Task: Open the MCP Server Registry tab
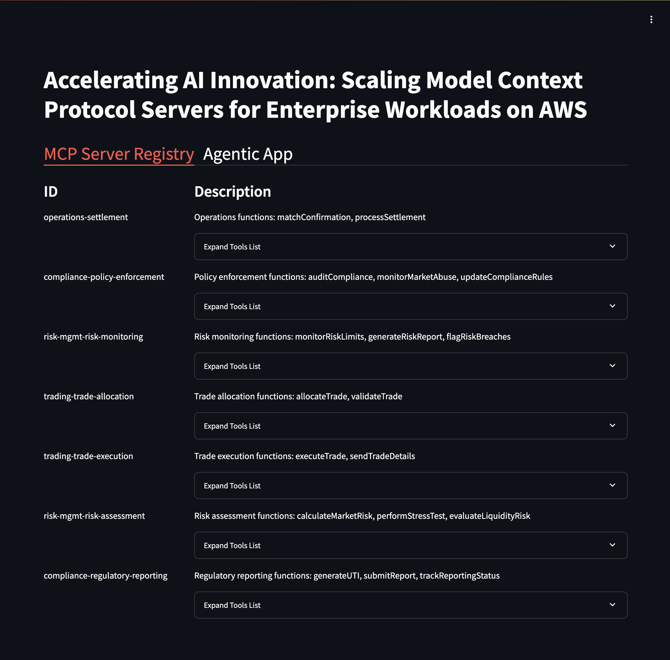pyautogui.click(x=119, y=154)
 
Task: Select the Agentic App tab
pyautogui.click(x=248, y=154)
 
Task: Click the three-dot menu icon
pyautogui.click(x=651, y=19)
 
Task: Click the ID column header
pyautogui.click(x=51, y=192)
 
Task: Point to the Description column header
pyautogui.click(x=233, y=192)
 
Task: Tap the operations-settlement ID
pyautogui.click(x=86, y=217)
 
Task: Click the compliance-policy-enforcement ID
pyautogui.click(x=104, y=277)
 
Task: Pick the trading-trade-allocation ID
pyautogui.click(x=89, y=397)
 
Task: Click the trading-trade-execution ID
pyautogui.click(x=88, y=456)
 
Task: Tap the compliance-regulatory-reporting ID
pyautogui.click(x=105, y=576)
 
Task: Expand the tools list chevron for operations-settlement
pyautogui.click(x=612, y=247)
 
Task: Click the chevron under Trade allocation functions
pyautogui.click(x=612, y=426)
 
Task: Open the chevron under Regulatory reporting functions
pyautogui.click(x=612, y=605)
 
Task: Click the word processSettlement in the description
pyautogui.click(x=390, y=217)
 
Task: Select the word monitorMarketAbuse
pyautogui.click(x=417, y=277)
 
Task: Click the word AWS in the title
pyautogui.click(x=563, y=110)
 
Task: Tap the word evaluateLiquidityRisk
pyautogui.click(x=490, y=516)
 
